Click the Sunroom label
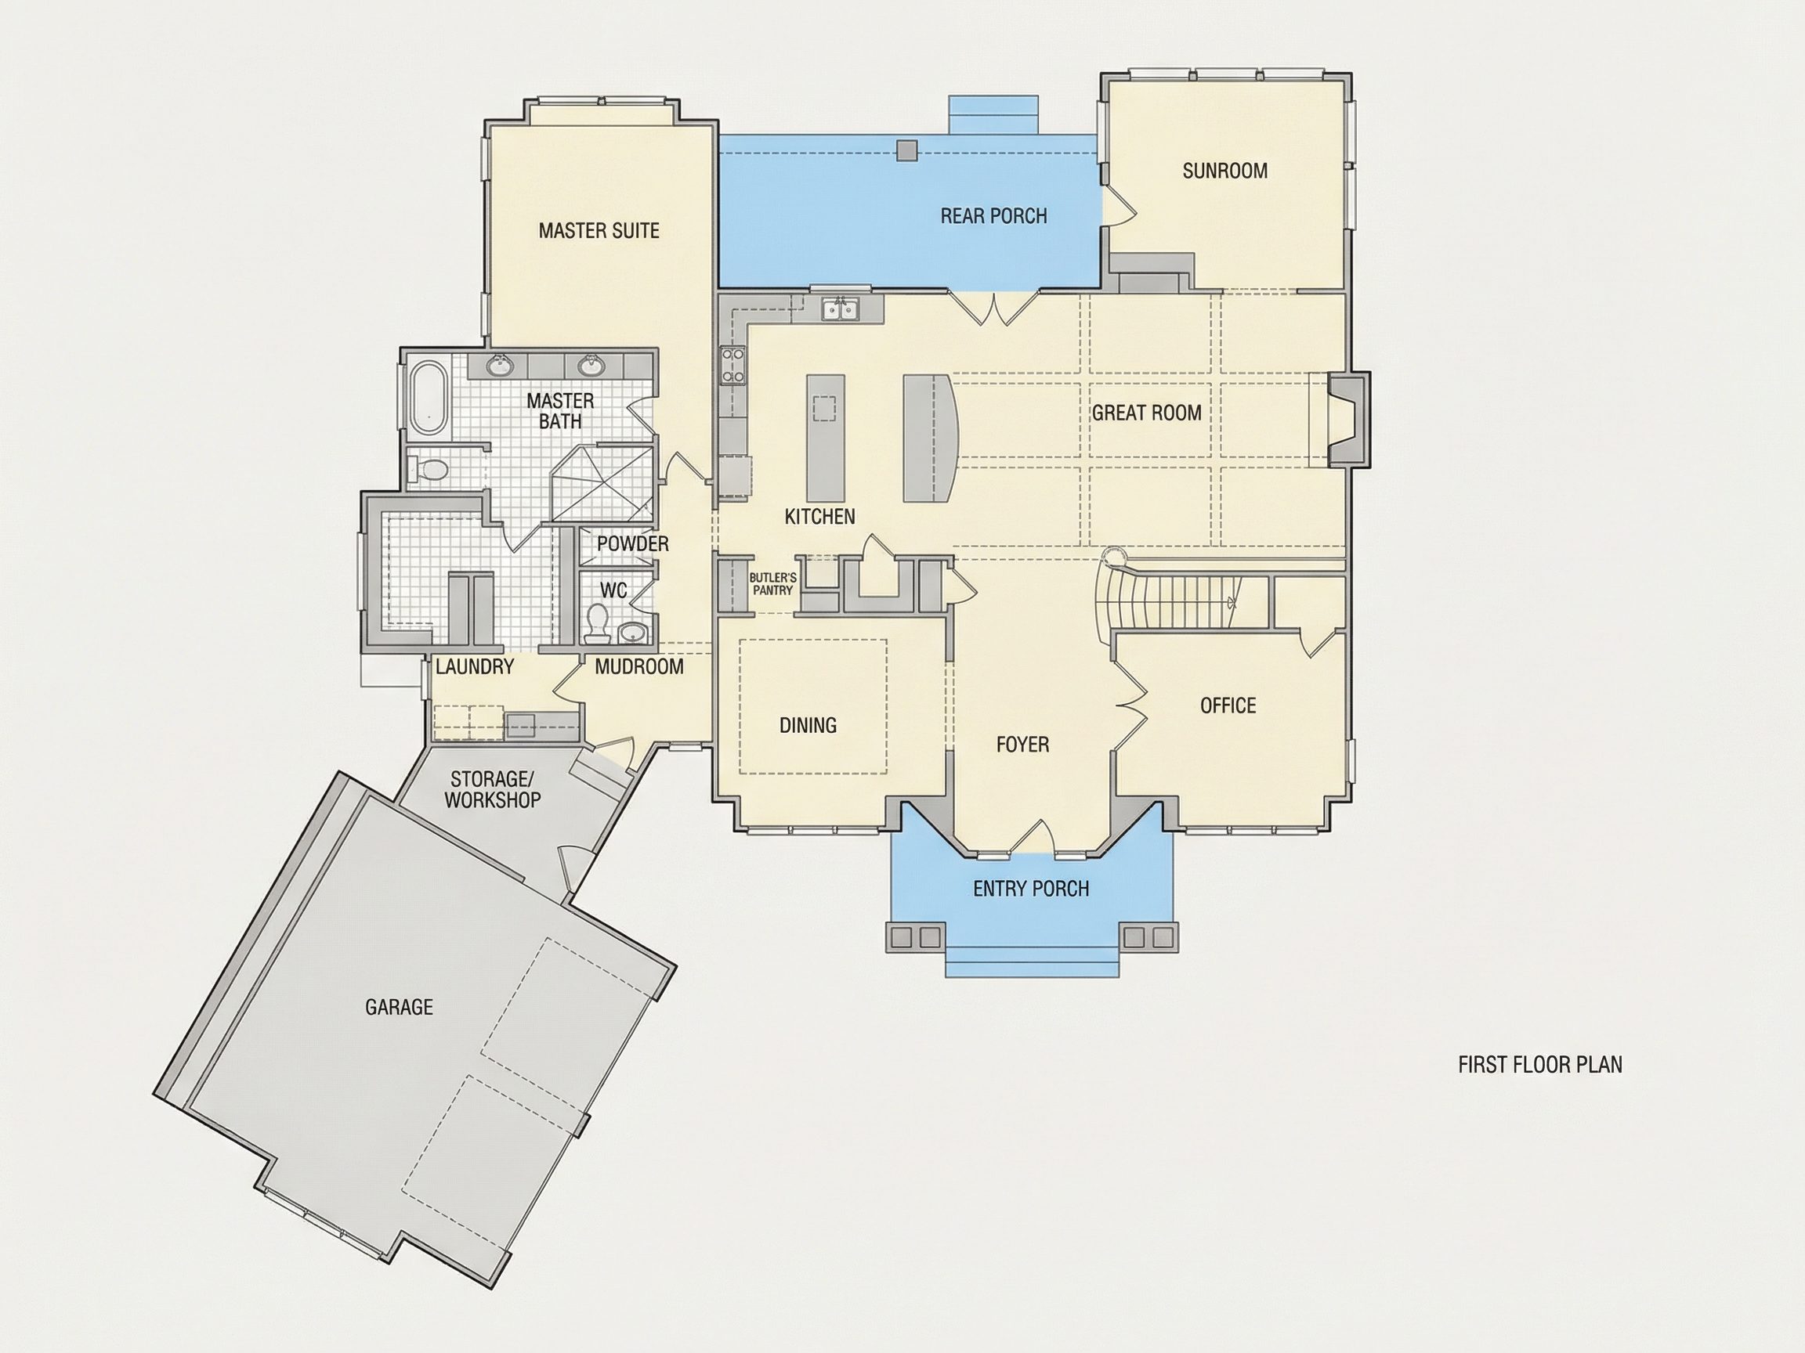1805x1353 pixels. (x=1224, y=171)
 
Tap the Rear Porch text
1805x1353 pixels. (x=993, y=216)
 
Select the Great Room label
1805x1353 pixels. (x=1146, y=413)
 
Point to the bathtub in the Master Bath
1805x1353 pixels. (x=428, y=398)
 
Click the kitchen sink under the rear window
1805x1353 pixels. (x=839, y=310)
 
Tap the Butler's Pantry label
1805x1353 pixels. (x=772, y=584)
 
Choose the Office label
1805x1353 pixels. (x=1228, y=705)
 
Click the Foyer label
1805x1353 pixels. (x=1022, y=745)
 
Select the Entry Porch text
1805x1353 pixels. (x=1031, y=888)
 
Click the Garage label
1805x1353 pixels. (x=399, y=1007)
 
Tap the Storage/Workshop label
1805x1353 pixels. (x=492, y=789)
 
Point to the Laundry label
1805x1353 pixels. (x=474, y=667)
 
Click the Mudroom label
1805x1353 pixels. (x=639, y=667)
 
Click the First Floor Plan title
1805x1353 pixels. (x=1539, y=1064)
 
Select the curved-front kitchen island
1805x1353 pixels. (x=930, y=438)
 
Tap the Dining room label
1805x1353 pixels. (x=808, y=725)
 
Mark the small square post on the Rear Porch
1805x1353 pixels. (x=906, y=150)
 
